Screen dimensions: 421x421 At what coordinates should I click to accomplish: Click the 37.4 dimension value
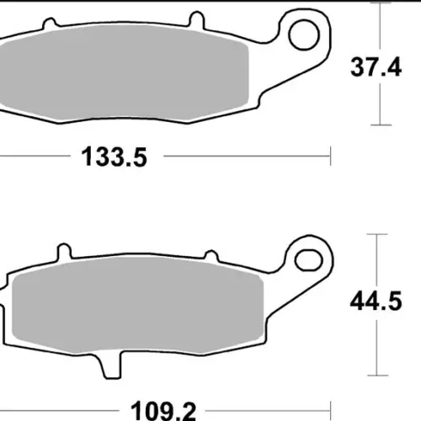376,67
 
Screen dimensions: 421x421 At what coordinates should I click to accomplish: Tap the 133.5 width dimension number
114,157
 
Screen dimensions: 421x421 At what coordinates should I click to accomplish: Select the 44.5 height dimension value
376,301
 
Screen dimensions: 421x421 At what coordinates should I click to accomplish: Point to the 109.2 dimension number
163,410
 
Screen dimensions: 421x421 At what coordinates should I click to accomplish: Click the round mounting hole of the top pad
304,35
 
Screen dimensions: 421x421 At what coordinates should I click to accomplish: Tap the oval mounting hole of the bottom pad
308,260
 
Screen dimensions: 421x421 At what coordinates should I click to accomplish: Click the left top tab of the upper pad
50,23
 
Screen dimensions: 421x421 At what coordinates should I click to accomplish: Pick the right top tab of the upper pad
196,19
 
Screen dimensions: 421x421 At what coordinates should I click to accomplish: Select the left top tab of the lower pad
64,251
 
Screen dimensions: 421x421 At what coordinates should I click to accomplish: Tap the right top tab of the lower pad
211,255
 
